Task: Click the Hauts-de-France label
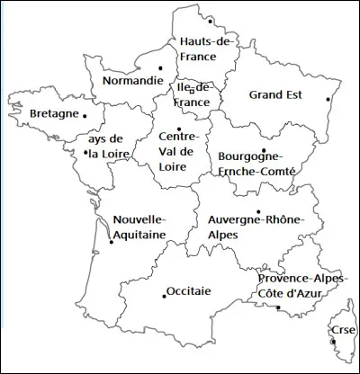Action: click(207, 49)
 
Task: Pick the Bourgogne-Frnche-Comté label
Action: click(257, 162)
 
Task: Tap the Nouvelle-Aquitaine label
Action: click(139, 227)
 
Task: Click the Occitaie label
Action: click(189, 291)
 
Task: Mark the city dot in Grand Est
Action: click(328, 99)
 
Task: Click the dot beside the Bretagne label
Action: click(85, 115)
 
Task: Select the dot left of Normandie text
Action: click(160, 68)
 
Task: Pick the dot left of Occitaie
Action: click(163, 291)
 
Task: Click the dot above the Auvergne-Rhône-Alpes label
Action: click(258, 212)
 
